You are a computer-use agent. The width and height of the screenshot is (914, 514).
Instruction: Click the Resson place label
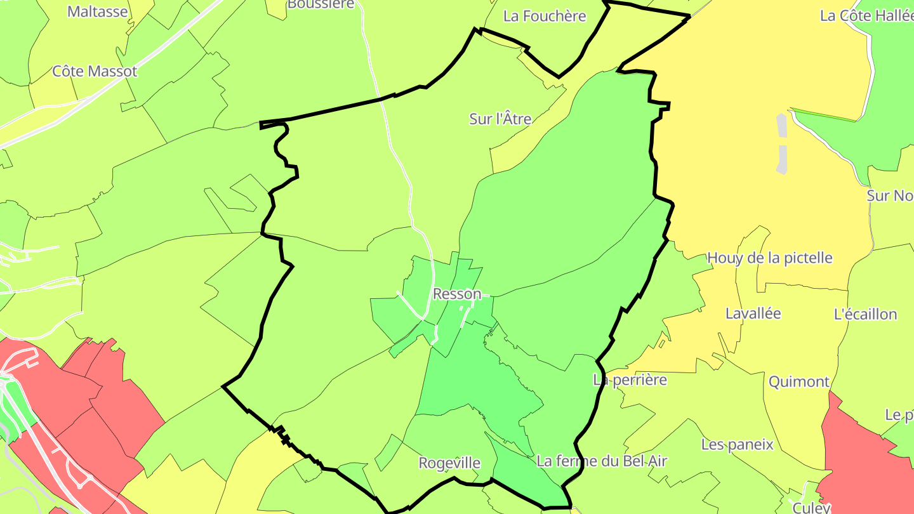click(456, 294)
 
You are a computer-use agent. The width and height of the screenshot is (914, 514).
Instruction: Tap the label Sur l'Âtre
click(500, 119)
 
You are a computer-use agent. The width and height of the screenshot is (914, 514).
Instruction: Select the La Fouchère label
click(545, 16)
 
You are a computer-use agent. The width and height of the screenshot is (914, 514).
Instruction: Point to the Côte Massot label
click(95, 71)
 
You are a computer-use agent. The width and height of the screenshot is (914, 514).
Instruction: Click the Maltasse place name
click(97, 11)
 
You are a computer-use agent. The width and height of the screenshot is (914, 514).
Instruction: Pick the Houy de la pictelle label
click(769, 258)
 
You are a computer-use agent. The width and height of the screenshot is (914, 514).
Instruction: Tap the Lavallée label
click(753, 313)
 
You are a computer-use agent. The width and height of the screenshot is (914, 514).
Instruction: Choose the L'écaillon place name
click(865, 314)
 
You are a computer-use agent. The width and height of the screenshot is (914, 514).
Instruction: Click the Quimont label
click(798, 382)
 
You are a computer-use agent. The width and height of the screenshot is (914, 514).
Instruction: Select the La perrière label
click(630, 380)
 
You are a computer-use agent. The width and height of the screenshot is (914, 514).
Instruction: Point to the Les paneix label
click(737, 444)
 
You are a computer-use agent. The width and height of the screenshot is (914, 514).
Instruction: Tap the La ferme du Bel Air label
click(601, 461)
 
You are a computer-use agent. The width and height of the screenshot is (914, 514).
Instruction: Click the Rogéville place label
click(449, 463)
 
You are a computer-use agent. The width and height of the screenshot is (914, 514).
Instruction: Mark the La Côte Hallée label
click(866, 16)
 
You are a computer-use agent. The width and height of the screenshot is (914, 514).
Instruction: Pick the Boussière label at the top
click(321, 4)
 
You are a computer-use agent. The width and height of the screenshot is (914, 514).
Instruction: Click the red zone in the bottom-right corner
click(870, 463)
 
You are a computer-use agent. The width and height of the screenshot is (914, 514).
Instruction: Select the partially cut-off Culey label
click(811, 508)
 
